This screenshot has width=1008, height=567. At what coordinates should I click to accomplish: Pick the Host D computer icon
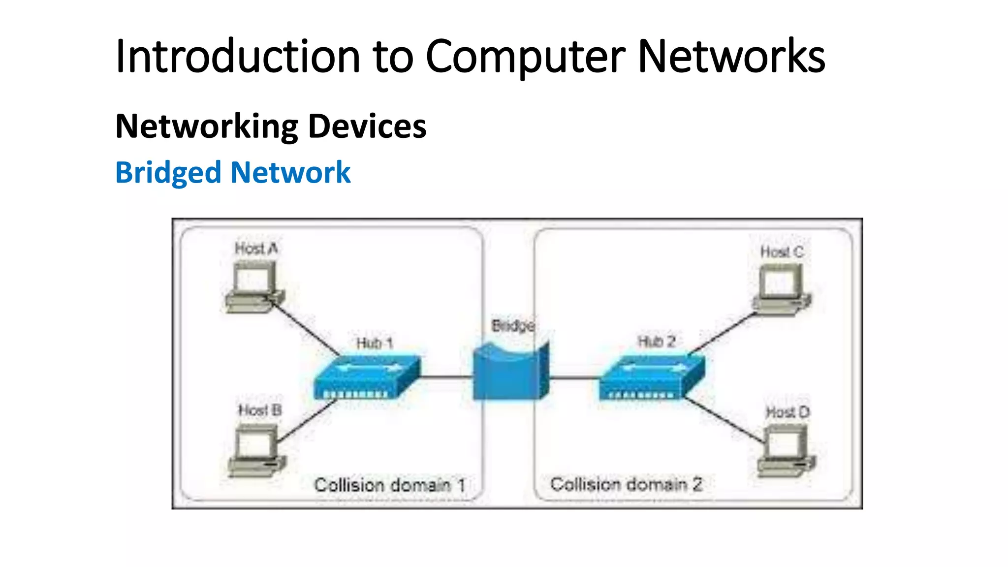[786, 451]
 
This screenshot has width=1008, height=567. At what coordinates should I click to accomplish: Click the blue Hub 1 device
[367, 377]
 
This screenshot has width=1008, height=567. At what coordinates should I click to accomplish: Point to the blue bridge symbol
[510, 373]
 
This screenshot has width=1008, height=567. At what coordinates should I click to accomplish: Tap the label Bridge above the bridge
[512, 326]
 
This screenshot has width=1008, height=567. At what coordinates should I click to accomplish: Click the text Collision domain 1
[389, 485]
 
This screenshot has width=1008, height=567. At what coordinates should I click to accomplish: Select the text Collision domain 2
[626, 484]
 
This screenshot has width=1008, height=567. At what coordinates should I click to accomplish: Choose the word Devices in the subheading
[367, 126]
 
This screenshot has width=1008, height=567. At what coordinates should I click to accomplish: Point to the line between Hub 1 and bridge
[446, 378]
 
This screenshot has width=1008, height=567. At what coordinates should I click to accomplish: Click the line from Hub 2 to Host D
[724, 420]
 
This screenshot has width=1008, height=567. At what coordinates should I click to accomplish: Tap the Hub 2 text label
[656, 342]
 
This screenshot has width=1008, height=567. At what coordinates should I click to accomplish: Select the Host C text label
[781, 252]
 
